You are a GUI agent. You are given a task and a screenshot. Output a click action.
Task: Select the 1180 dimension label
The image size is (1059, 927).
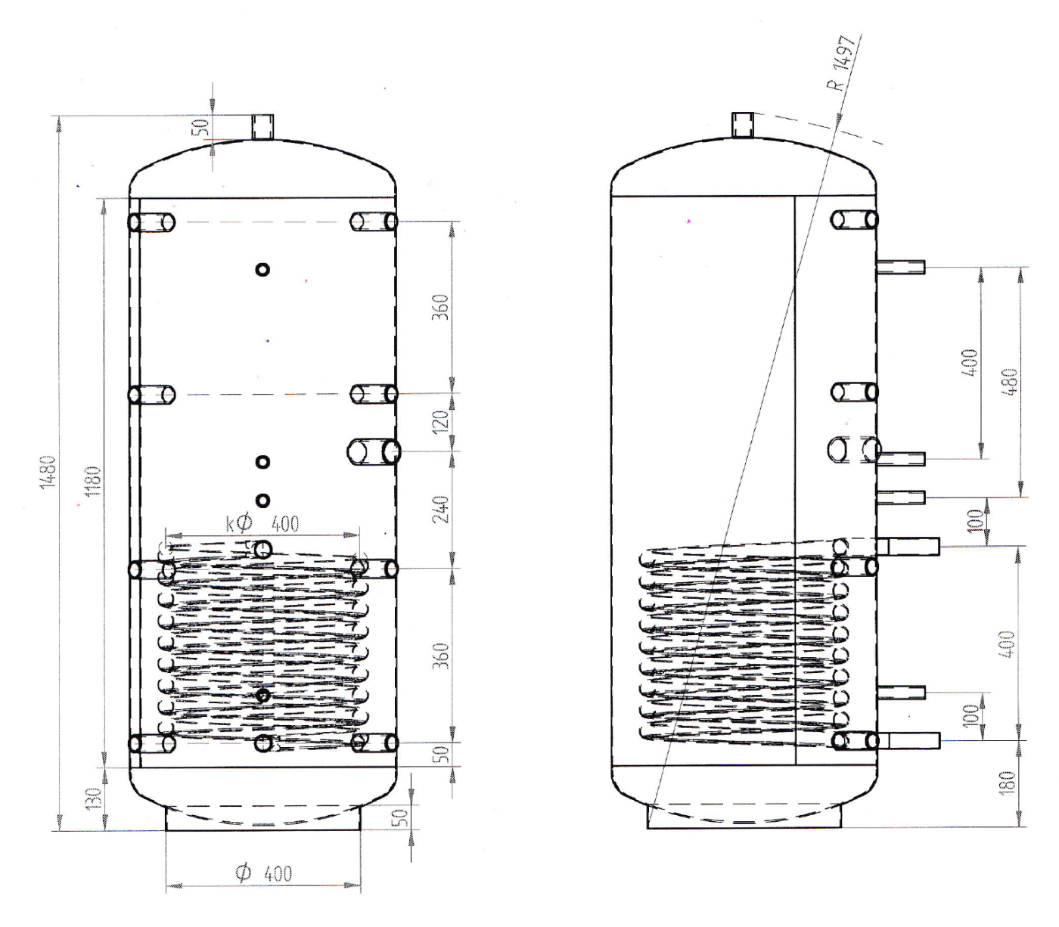tap(94, 482)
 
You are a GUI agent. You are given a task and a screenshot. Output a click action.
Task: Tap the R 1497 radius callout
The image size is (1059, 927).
tap(842, 63)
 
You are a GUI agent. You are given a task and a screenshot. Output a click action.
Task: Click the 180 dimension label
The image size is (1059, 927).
tap(1008, 782)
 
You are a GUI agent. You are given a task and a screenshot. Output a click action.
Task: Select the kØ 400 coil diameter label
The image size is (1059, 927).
tap(262, 524)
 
